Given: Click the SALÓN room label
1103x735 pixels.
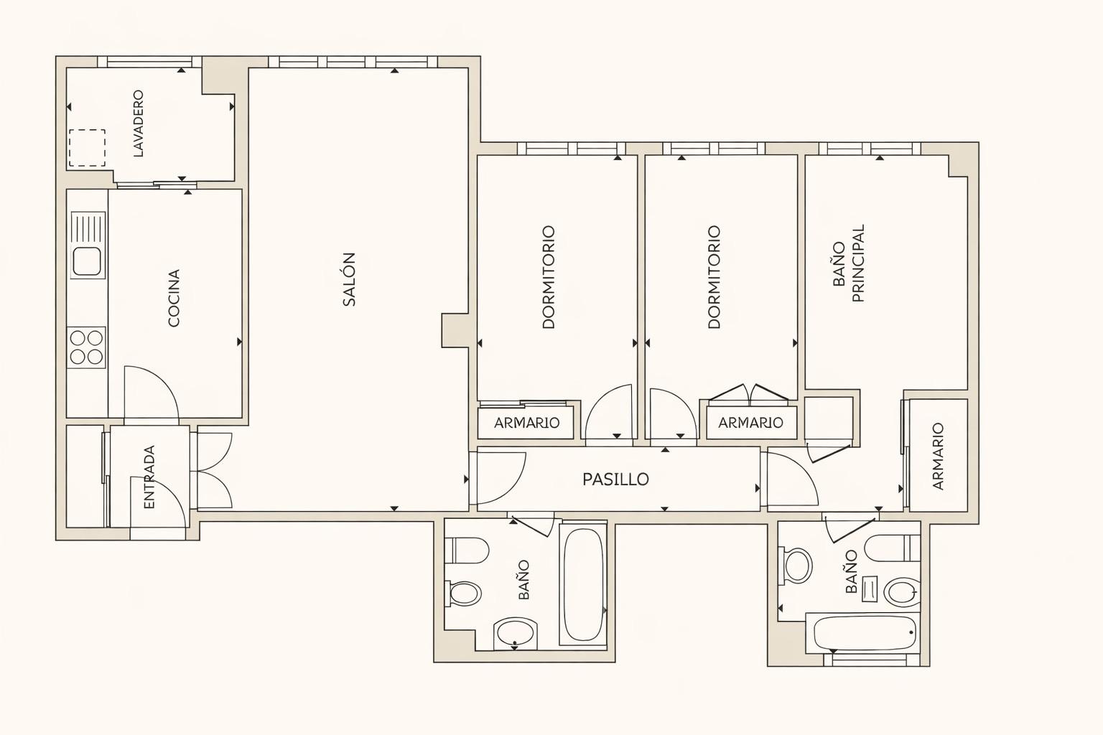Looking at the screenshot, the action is pos(349,279).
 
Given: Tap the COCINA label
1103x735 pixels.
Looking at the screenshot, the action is pos(174,298).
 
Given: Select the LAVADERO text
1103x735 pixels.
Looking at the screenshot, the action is pos(139,123).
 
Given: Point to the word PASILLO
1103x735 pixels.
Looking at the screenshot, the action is pos(615,479).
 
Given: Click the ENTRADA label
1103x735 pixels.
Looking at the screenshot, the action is pos(149,477).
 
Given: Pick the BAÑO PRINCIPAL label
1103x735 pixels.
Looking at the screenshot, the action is pos(848,263).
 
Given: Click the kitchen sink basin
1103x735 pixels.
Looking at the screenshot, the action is pos(88,261).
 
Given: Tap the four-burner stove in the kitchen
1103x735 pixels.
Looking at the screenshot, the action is pos(87,347).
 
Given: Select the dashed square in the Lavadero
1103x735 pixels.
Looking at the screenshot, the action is pos(87,148).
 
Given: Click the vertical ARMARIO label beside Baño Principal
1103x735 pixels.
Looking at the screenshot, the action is pos(939,457).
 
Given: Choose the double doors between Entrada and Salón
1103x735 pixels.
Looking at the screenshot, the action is pos(214,471).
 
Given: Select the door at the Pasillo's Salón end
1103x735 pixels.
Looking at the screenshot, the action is pos(498,478).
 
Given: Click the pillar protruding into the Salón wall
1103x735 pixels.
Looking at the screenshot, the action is pos(455,330).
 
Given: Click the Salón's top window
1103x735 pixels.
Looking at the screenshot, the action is pos(353,62).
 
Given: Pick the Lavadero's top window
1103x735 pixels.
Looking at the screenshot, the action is pos(149,62).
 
